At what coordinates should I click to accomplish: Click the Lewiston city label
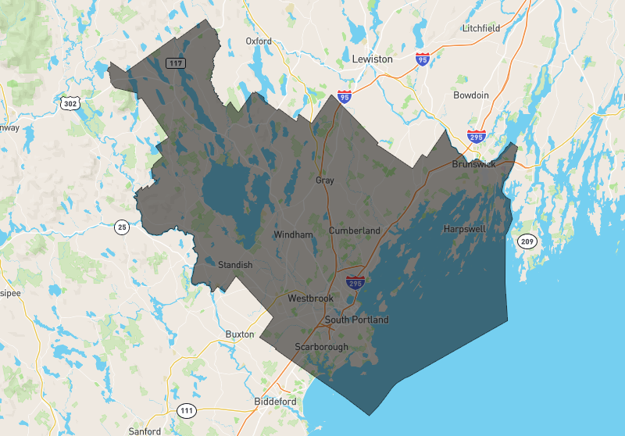tap(372, 59)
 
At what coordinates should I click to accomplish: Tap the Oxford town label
tap(259, 41)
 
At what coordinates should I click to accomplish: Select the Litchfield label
tap(480, 28)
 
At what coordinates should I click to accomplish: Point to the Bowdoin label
tap(471, 95)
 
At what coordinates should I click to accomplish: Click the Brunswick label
tap(474, 165)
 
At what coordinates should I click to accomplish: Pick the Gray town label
tap(325, 180)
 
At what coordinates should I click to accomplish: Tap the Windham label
tap(293, 234)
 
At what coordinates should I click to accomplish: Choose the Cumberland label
tap(355, 231)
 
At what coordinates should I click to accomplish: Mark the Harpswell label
tap(464, 229)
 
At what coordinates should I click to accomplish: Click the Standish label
tap(235, 265)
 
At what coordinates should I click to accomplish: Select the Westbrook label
tap(310, 298)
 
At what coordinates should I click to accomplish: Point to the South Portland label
tap(356, 320)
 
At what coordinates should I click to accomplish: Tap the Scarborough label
tap(320, 346)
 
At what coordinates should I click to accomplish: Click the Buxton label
tap(240, 334)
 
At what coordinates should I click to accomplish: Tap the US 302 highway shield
tap(70, 103)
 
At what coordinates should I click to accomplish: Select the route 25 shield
tap(121, 227)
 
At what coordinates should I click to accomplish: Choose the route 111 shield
tap(186, 411)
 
